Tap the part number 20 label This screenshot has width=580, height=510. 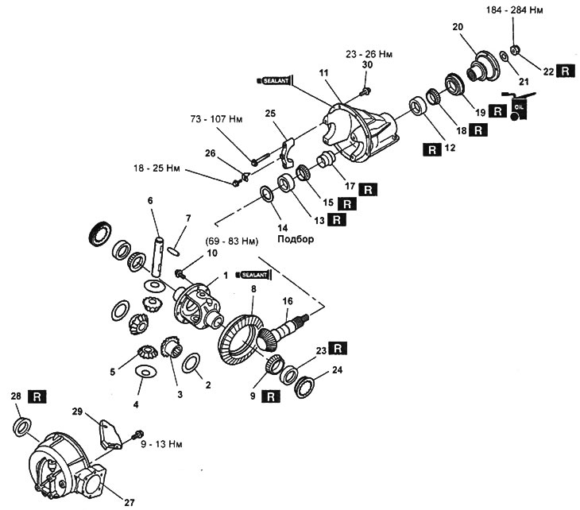coord(458,26)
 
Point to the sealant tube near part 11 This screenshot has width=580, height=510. coord(276,80)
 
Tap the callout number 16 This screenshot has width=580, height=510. coord(288,301)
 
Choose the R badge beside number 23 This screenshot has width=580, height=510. coord(340,348)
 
